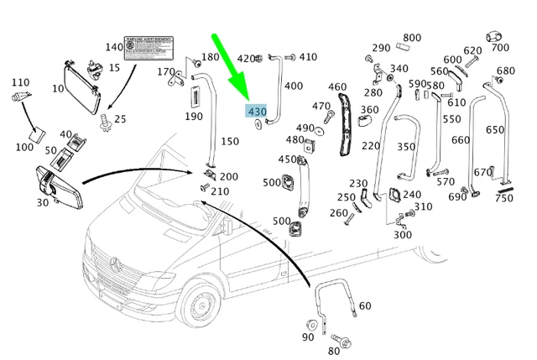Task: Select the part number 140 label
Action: coord(112,47)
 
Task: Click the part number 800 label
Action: coord(412,38)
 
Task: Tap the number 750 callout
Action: coord(504,198)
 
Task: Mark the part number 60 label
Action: coord(364,305)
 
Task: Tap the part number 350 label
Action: coord(406,147)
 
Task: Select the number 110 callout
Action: coord(19,82)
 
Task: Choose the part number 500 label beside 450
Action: coord(271,182)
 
